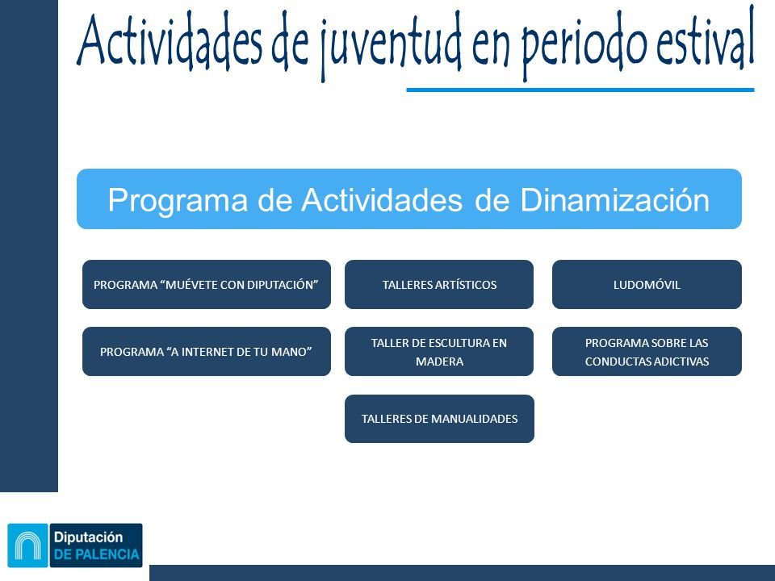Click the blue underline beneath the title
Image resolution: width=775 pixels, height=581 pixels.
point(580,90)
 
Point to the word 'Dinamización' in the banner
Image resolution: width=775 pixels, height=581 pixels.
point(614,200)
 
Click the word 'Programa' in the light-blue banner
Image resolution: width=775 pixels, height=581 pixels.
point(178,201)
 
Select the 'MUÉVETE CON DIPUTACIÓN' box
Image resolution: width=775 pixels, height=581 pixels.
point(207,285)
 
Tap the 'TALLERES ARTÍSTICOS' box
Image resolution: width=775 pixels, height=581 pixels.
point(439,285)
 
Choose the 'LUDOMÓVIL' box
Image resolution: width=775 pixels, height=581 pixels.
point(647,285)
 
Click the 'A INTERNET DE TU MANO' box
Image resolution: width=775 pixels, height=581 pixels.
point(207,351)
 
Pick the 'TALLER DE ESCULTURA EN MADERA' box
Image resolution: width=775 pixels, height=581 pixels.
point(439,351)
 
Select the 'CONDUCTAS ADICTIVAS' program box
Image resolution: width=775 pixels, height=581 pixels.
point(647,351)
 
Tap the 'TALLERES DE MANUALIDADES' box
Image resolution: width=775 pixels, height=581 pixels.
point(439,419)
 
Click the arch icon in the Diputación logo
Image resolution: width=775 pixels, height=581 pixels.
point(27,545)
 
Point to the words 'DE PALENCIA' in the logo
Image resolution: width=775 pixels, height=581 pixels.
point(96,554)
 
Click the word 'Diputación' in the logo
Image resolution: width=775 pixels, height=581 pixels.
point(88,537)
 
